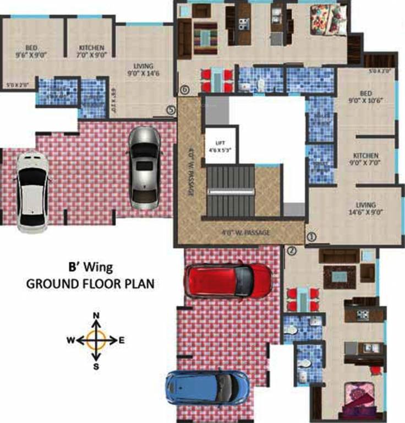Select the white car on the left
point(31,191)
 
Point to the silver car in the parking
point(143,167)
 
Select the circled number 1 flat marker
point(311,236)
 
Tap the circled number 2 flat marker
point(292,251)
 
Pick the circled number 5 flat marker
point(171,111)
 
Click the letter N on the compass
point(96,315)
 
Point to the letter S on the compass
point(96,366)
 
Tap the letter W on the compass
point(71,340)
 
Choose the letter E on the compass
point(122,340)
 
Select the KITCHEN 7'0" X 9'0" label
point(91,51)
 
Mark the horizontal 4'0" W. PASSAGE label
point(245,233)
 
